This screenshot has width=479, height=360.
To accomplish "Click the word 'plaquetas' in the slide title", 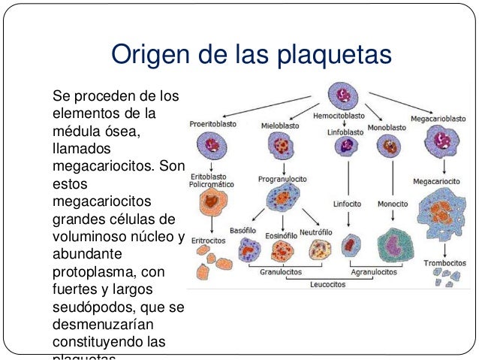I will pyautogui.click(x=331, y=55).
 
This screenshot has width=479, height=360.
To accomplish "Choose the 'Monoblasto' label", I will pyautogui.click(x=388, y=128).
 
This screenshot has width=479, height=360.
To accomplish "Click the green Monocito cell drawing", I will pyautogui.click(x=392, y=244).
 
